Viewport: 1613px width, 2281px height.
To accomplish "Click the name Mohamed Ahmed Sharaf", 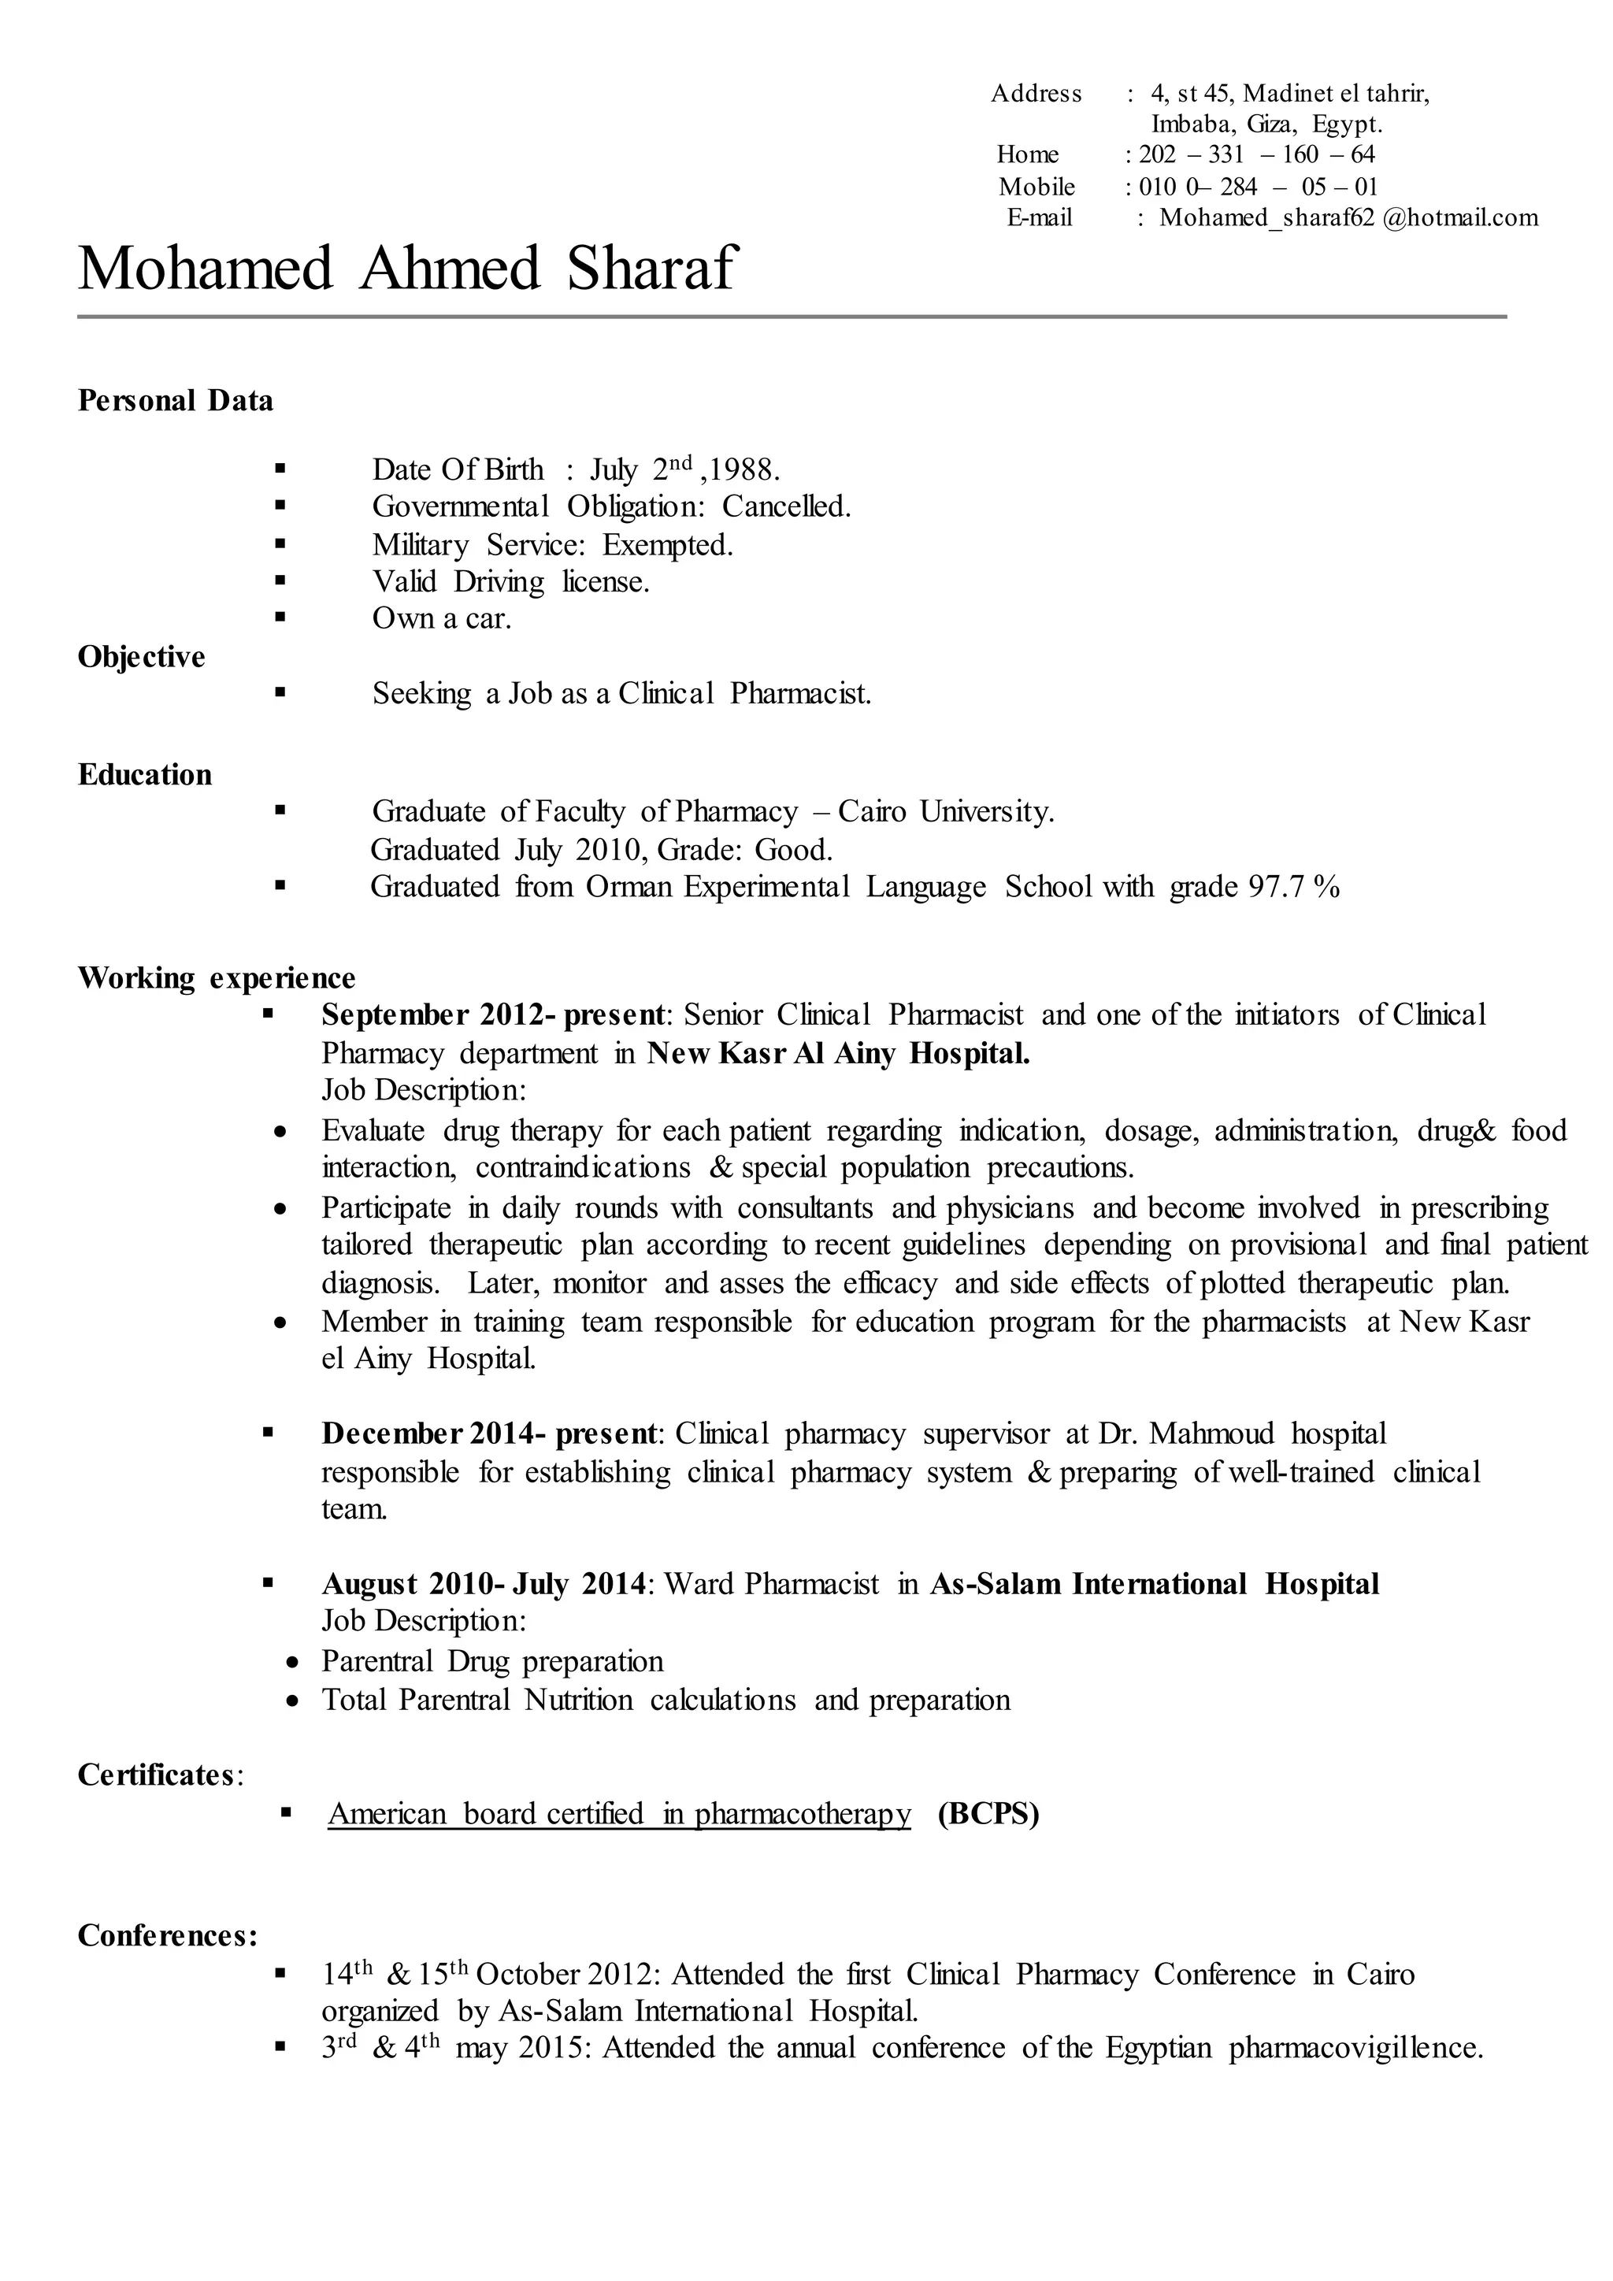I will [x=406, y=269].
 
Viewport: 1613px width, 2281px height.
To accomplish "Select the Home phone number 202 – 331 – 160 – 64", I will [x=1256, y=154].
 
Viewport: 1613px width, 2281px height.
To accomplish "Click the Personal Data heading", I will [x=175, y=400].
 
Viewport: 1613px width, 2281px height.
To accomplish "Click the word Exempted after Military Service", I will [x=666, y=544].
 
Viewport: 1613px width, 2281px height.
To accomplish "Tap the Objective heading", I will [x=141, y=657].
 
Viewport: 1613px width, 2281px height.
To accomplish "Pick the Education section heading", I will [x=145, y=774].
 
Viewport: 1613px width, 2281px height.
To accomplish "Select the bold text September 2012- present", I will [x=492, y=1014].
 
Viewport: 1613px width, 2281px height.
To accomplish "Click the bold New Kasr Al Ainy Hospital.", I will [x=837, y=1053].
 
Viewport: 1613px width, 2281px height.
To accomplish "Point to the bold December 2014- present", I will [x=488, y=1434].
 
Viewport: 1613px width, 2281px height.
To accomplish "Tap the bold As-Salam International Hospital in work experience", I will [x=1154, y=1584].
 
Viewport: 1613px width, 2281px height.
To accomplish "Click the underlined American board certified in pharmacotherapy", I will [x=619, y=1814].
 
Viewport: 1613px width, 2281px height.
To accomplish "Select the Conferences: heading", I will [x=167, y=1935].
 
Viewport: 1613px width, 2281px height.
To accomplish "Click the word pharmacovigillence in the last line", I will [x=1355, y=2048].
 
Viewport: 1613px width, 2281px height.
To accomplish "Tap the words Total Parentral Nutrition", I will [x=476, y=1700].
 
